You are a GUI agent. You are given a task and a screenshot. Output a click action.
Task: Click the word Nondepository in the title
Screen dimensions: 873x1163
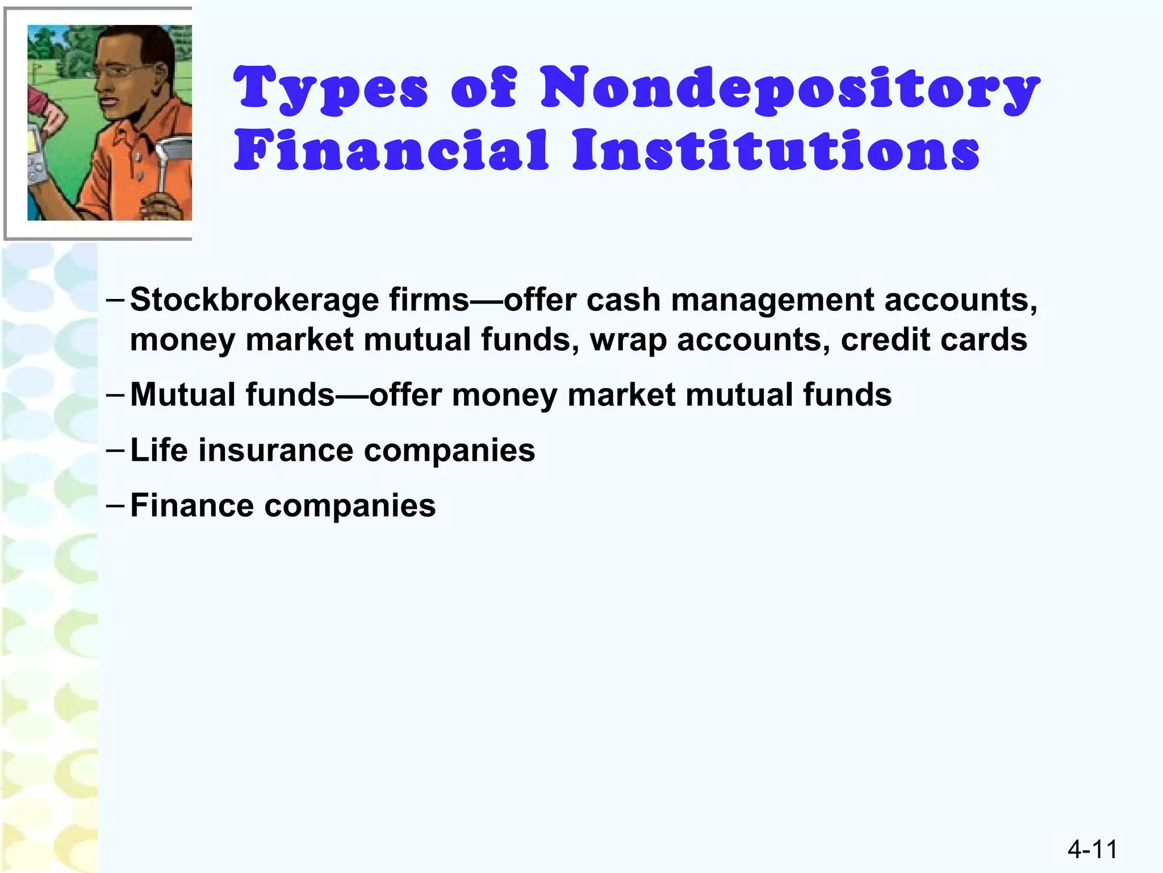point(789,90)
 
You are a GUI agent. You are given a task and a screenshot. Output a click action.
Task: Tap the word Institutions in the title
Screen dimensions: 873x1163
point(776,151)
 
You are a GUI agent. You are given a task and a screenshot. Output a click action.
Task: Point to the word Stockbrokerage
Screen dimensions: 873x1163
point(254,300)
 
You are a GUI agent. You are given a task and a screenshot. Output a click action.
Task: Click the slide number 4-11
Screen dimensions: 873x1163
point(1092,850)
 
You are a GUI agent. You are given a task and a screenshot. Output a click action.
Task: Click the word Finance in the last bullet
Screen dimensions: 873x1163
point(192,505)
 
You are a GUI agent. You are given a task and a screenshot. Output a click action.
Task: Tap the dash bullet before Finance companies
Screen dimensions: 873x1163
point(115,504)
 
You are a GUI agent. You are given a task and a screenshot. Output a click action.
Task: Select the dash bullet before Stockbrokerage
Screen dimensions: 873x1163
point(115,299)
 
